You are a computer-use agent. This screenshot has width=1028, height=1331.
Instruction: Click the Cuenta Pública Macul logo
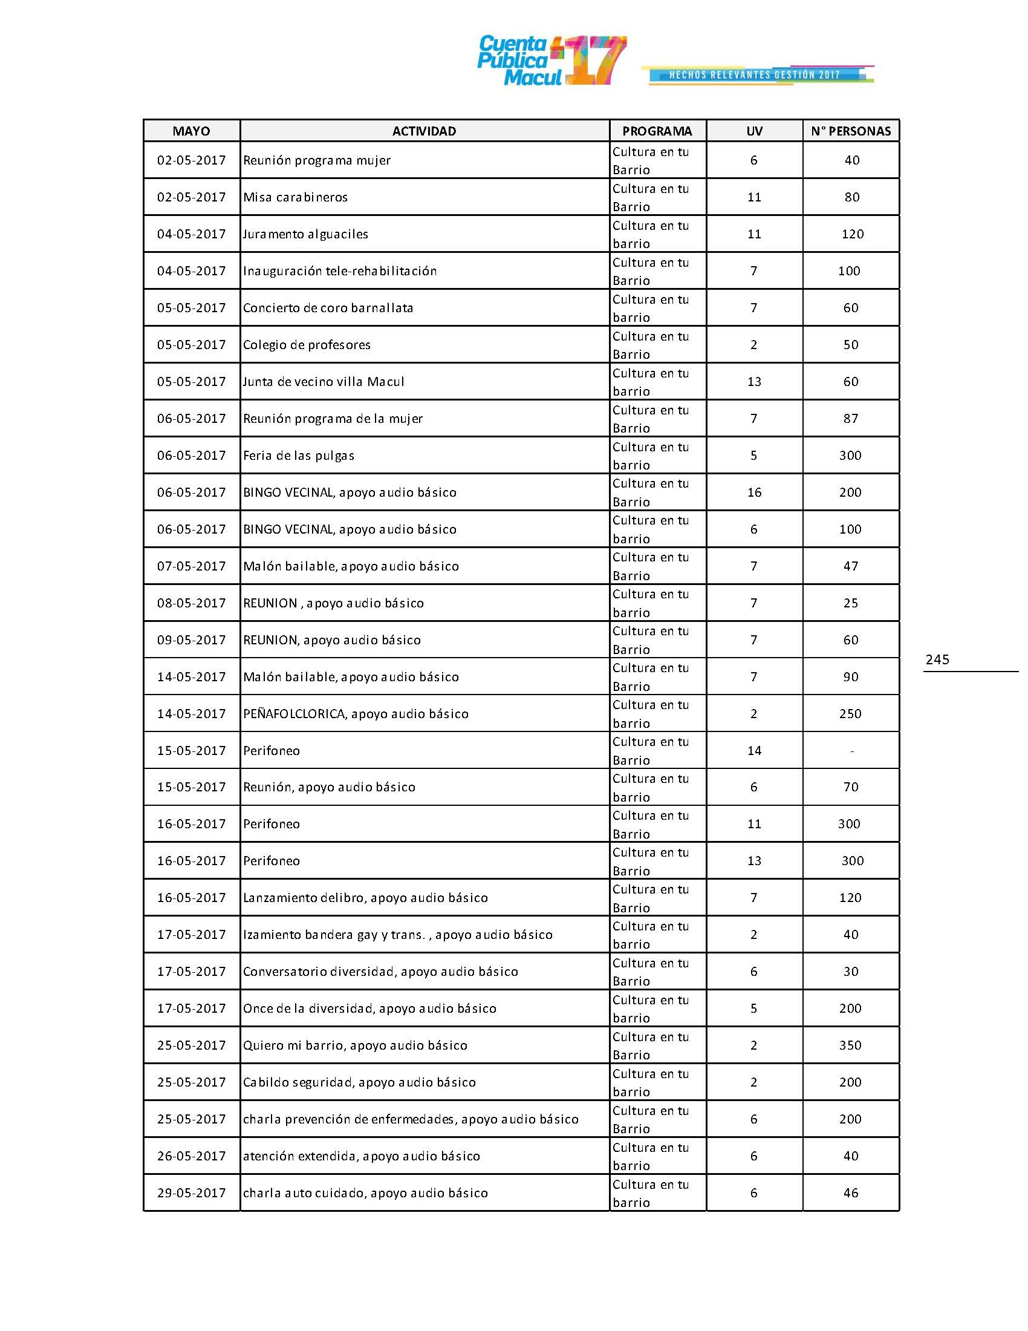click(x=551, y=60)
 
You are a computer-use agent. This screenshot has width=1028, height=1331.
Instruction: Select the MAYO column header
click(x=191, y=131)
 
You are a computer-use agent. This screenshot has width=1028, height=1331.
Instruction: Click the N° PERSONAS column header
click(x=851, y=131)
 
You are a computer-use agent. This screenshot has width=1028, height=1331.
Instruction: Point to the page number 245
click(x=937, y=659)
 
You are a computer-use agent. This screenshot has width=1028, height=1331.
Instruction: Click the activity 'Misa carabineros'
click(x=295, y=197)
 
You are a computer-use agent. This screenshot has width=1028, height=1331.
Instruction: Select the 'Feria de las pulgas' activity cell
click(x=298, y=456)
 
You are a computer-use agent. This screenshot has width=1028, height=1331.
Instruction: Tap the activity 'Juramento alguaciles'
click(x=306, y=234)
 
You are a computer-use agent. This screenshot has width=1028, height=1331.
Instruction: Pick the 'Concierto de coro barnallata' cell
click(x=328, y=308)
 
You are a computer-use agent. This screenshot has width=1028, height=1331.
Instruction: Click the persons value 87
click(x=851, y=419)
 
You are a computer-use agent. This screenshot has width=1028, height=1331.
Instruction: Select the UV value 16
click(x=754, y=492)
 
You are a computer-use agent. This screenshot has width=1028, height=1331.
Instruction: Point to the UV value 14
click(x=754, y=751)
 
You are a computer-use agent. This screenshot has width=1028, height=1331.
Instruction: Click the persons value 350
click(x=850, y=1045)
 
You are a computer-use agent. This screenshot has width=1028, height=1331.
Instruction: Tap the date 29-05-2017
click(x=191, y=1192)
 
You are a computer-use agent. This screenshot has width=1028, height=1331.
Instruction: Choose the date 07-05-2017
click(x=191, y=566)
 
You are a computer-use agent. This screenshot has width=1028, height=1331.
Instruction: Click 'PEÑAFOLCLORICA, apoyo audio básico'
click(x=356, y=714)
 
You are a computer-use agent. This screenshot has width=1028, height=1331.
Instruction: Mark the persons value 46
click(x=851, y=1192)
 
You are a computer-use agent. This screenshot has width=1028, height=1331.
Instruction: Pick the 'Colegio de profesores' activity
click(x=307, y=345)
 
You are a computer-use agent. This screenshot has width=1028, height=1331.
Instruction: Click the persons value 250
click(x=850, y=714)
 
